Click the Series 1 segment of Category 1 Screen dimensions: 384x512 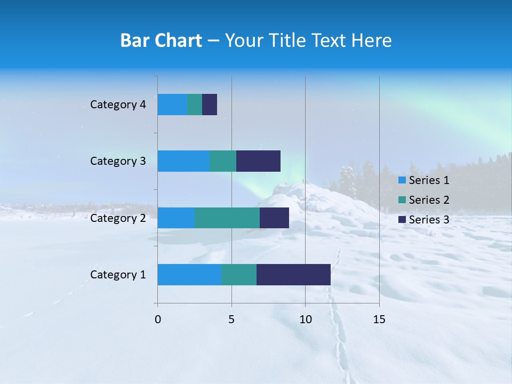tap(189, 275)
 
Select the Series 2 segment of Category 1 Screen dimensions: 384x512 tap(239, 275)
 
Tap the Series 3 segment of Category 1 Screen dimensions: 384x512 tap(293, 275)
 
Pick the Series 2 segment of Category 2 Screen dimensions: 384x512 tap(227, 218)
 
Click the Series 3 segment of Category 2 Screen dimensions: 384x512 tap(274, 218)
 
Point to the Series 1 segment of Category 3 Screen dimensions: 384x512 tap(183, 161)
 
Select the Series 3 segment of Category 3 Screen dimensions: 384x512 tap(258, 161)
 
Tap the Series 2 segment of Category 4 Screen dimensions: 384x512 tap(195, 105)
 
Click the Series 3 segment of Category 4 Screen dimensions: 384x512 tap(210, 105)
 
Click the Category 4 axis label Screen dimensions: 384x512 tap(118, 105)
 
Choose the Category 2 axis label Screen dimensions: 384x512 tap(118, 218)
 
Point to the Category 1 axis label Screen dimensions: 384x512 tap(118, 275)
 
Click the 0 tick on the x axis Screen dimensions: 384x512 tap(158, 319)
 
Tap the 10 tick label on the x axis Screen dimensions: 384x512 tap(305, 319)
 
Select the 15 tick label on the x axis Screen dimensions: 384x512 tap(379, 319)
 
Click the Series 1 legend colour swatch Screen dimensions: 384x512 tap(402, 180)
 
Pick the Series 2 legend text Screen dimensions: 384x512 tap(429, 200)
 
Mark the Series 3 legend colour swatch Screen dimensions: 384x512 tap(402, 220)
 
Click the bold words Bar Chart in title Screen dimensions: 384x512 tap(161, 41)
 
